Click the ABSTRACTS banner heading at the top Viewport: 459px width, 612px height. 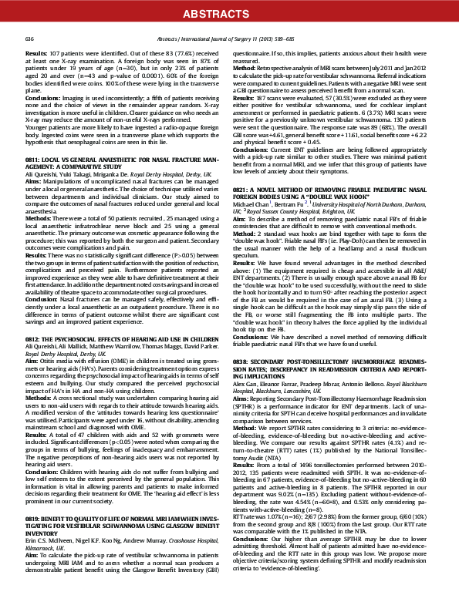[x=229, y=14]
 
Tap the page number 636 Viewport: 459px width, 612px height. [x=30, y=39]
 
